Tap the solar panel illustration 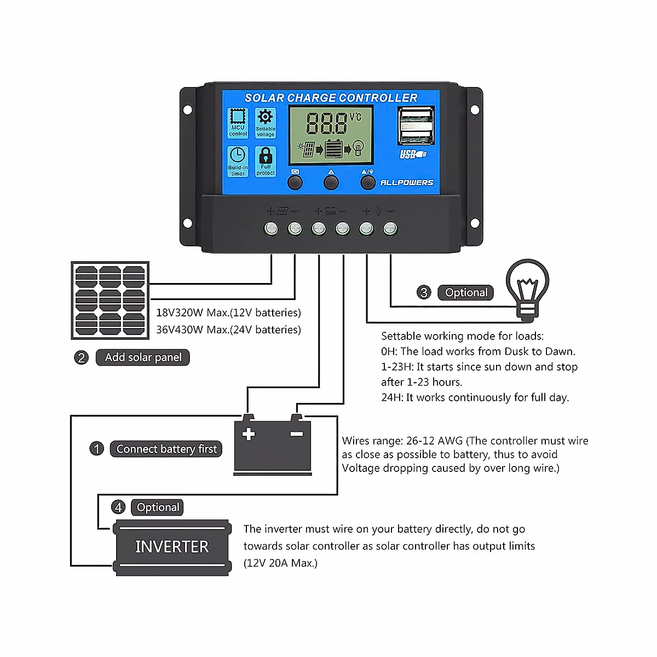click(x=110, y=301)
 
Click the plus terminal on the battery click(x=249, y=434)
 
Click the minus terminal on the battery click(x=297, y=434)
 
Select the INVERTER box click(x=172, y=547)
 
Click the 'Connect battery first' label click(x=166, y=449)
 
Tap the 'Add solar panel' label click(x=143, y=358)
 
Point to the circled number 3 click(x=424, y=292)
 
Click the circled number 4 click(x=118, y=507)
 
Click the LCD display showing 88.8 click(x=331, y=135)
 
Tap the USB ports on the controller click(x=416, y=126)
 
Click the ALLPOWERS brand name click(x=407, y=183)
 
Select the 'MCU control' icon click(x=238, y=123)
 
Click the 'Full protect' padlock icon click(x=266, y=162)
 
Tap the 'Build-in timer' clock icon click(x=238, y=162)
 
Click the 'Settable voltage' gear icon click(x=266, y=123)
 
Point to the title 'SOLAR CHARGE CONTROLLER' click(x=331, y=98)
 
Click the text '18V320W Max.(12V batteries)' click(x=228, y=313)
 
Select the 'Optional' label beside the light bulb click(x=466, y=292)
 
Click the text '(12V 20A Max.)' click(x=280, y=563)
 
